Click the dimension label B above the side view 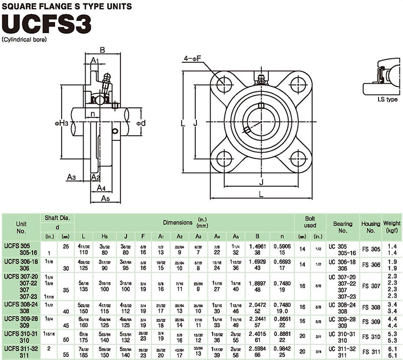[x=102, y=50]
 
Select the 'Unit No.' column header [x=21, y=227]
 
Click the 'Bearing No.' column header [x=343, y=227]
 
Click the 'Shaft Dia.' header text [x=57, y=218]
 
